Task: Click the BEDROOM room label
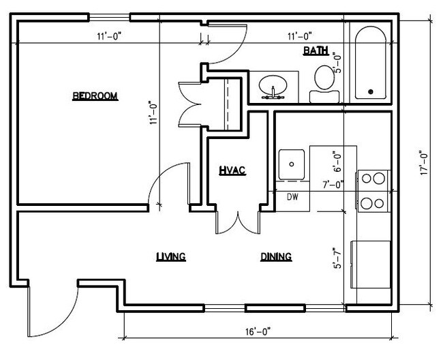tap(95, 96)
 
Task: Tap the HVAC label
tap(232, 170)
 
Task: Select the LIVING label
tap(171, 257)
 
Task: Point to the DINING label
tap(275, 257)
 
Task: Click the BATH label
tap(316, 50)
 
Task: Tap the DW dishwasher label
tap(292, 198)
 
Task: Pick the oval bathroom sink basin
tap(275, 86)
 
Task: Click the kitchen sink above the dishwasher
tap(292, 164)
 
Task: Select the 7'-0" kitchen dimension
tap(333, 183)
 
